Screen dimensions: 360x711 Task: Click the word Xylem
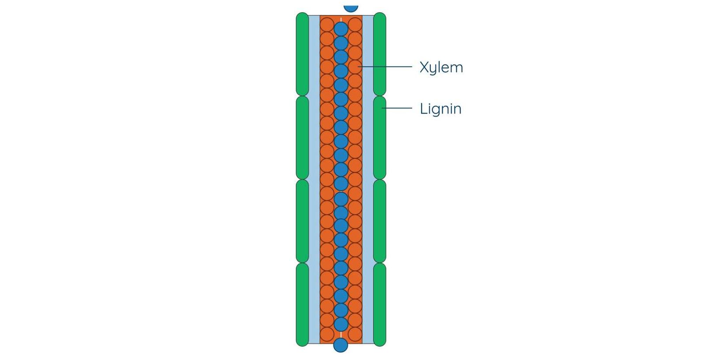441,67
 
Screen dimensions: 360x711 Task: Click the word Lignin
440,109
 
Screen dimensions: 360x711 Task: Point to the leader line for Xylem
386,67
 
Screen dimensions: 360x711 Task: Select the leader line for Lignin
397,108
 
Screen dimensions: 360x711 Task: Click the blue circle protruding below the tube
341,345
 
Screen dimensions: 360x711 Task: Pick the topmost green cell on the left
302,54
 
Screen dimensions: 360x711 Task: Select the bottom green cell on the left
302,304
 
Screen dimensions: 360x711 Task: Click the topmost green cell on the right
380,54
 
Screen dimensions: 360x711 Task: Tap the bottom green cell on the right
380,304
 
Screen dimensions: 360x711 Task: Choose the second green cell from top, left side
302,138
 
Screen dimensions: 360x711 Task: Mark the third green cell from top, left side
302,221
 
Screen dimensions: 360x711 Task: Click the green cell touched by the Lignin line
380,138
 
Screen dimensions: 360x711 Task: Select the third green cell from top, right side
380,221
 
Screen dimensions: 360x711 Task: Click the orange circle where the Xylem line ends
355,67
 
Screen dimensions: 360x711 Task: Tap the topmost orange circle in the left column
327,25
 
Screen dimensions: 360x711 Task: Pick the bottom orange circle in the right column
355,334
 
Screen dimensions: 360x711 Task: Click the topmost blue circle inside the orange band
341,29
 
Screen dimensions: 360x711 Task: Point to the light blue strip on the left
314,176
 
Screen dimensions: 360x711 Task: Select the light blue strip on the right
368,176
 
